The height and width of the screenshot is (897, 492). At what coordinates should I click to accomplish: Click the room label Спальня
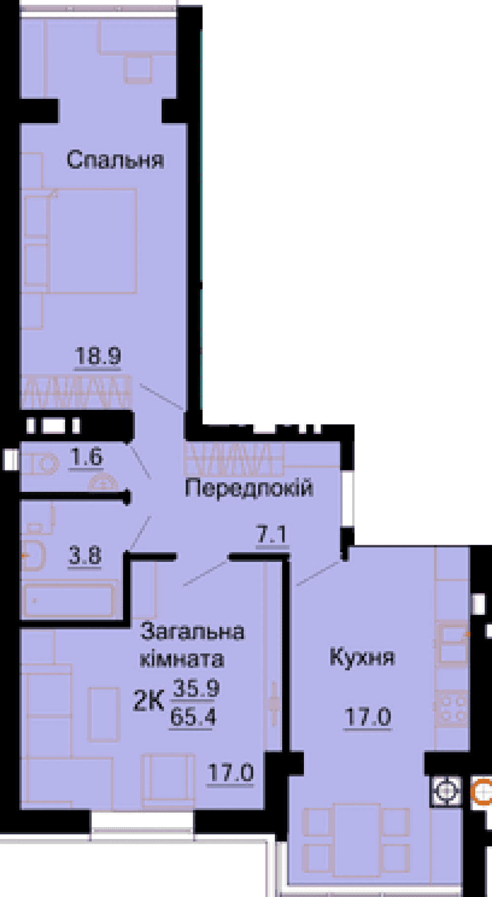pyautogui.click(x=115, y=160)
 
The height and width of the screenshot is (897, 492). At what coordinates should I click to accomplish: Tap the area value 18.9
pyautogui.click(x=98, y=355)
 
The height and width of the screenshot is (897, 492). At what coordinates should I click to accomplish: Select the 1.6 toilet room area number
pyautogui.click(x=86, y=458)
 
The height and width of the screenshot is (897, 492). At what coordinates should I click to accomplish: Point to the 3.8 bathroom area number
pyautogui.click(x=85, y=556)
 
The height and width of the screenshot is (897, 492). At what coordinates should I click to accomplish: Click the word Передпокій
pyautogui.click(x=249, y=488)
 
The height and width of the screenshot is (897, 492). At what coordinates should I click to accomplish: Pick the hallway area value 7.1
pyautogui.click(x=271, y=534)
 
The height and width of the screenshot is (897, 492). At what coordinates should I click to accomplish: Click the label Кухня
pyautogui.click(x=362, y=657)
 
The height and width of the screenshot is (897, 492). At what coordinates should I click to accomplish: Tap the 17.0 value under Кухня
pyautogui.click(x=367, y=716)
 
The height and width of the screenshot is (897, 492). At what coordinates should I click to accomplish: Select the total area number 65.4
pyautogui.click(x=193, y=718)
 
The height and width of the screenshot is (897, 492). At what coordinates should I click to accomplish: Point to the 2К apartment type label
pyautogui.click(x=148, y=701)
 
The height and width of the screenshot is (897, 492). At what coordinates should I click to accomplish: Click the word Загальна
pyautogui.click(x=192, y=632)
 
